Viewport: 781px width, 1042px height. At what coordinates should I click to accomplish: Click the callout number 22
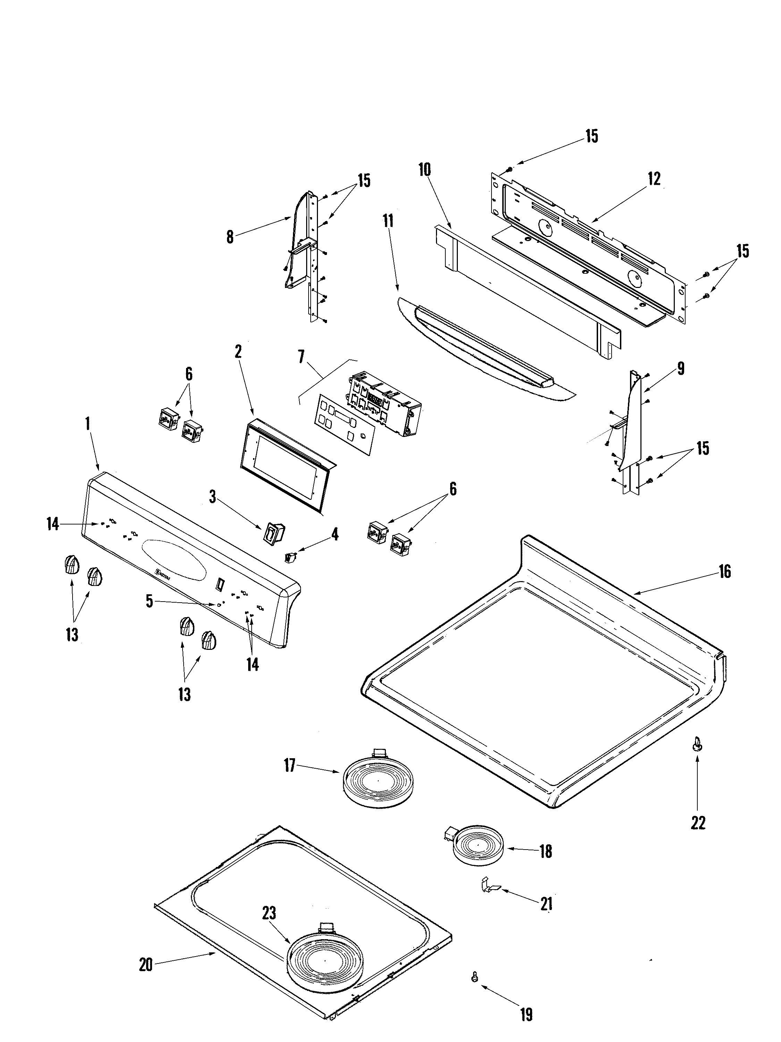[x=698, y=823]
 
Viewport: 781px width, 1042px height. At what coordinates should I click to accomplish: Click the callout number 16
[x=724, y=572]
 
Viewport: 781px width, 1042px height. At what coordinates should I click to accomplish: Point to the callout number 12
[x=654, y=179]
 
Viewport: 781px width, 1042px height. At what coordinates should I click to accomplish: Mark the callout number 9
[x=681, y=369]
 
